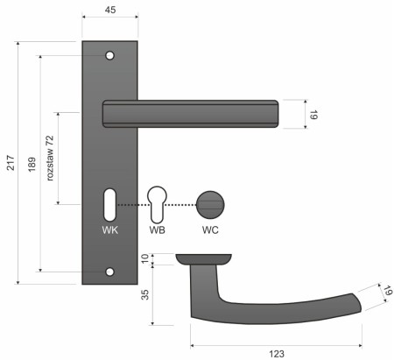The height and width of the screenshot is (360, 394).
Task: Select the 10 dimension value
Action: coord(144,260)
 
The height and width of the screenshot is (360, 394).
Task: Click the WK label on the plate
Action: coord(109,230)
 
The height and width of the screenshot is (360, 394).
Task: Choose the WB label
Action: coord(158,230)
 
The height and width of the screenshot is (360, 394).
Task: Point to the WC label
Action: coord(210,230)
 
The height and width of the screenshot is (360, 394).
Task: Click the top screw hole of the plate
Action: coord(109,56)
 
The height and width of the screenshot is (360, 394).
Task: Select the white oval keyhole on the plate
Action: coord(109,204)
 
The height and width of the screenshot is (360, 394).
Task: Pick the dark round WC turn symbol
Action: coord(210,204)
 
